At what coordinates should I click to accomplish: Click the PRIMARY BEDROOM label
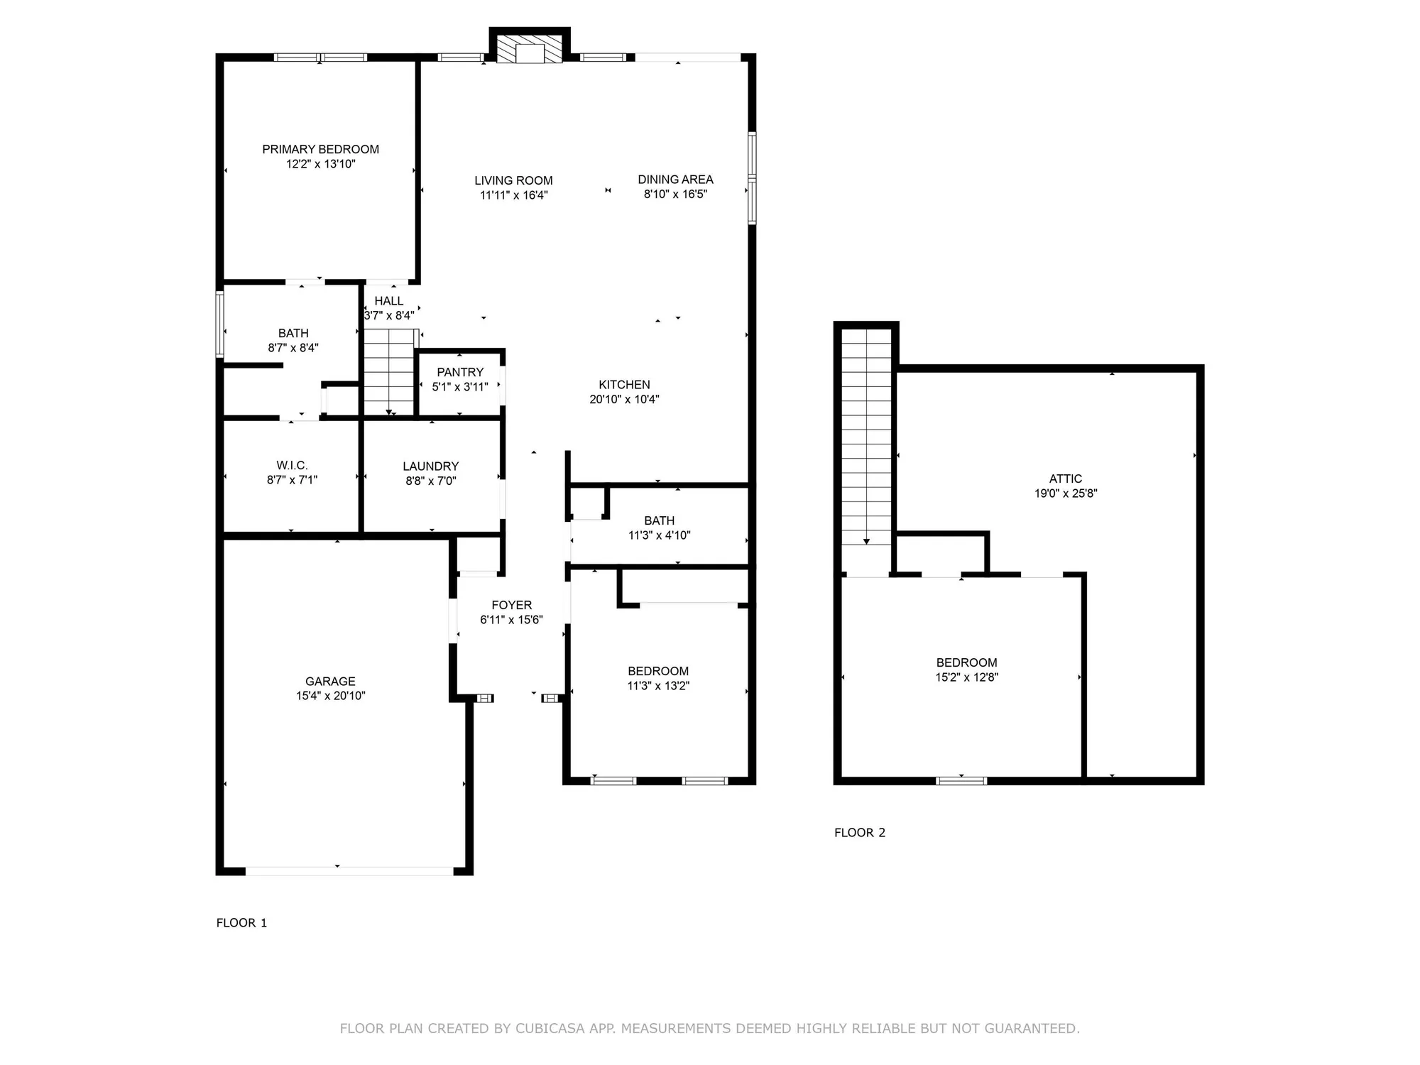pyautogui.click(x=320, y=149)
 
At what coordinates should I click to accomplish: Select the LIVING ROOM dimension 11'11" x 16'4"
pyautogui.click(x=513, y=195)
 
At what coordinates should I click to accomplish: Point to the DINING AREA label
pyautogui.click(x=675, y=180)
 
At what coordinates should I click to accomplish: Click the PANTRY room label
pyautogui.click(x=460, y=372)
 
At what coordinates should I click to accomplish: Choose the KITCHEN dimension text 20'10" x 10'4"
pyautogui.click(x=624, y=400)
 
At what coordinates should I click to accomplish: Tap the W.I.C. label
pyautogui.click(x=292, y=466)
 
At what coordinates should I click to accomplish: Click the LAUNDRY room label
pyautogui.click(x=430, y=466)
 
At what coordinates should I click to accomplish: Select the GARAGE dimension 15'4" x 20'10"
pyautogui.click(x=330, y=696)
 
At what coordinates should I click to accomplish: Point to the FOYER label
pyautogui.click(x=511, y=605)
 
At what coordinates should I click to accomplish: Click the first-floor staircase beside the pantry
pyautogui.click(x=389, y=373)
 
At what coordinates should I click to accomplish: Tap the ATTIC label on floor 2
pyautogui.click(x=1065, y=479)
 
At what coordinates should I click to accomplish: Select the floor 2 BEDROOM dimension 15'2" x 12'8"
pyautogui.click(x=966, y=677)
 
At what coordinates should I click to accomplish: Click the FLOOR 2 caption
pyautogui.click(x=859, y=833)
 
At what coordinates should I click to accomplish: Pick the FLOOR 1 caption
pyautogui.click(x=241, y=923)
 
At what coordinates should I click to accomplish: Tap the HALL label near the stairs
pyautogui.click(x=388, y=301)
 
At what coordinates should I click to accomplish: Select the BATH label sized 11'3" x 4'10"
pyautogui.click(x=659, y=520)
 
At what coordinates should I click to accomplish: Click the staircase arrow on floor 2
pyautogui.click(x=866, y=541)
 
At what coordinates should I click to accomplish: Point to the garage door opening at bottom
pyautogui.click(x=349, y=870)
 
